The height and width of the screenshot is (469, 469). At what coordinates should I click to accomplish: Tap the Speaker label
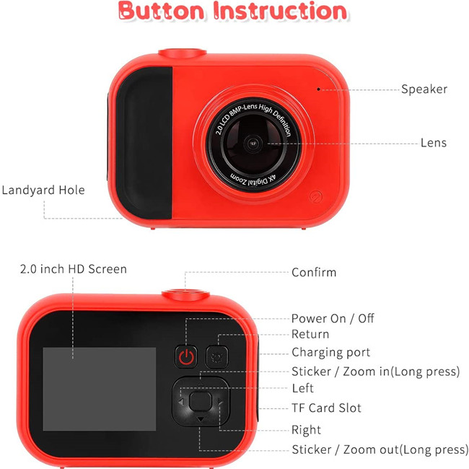(424, 89)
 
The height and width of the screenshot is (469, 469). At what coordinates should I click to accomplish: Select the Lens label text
(434, 143)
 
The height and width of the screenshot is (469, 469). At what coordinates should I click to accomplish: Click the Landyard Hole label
(43, 190)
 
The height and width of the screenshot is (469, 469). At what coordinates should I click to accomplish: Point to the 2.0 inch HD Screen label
(74, 269)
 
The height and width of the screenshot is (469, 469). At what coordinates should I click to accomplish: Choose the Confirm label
(314, 272)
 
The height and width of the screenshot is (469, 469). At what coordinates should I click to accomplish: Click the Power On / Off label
(333, 318)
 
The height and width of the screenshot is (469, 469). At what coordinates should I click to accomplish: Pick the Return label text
(310, 334)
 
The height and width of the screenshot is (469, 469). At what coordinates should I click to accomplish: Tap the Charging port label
(330, 352)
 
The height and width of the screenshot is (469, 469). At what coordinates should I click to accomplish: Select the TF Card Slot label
(326, 408)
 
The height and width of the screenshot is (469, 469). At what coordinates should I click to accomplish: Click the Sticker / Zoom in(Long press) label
(375, 372)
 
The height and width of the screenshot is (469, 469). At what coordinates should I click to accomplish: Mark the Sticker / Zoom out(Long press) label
(380, 450)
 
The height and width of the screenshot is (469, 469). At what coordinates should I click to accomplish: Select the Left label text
(302, 389)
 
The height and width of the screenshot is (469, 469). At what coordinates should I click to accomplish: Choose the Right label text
(306, 430)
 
